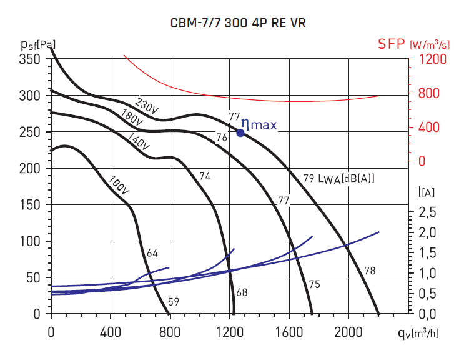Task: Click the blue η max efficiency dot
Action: click(x=240, y=132)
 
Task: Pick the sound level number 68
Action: click(x=242, y=292)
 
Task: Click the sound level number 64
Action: click(x=152, y=254)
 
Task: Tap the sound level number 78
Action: click(x=370, y=271)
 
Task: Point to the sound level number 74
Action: click(x=205, y=177)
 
